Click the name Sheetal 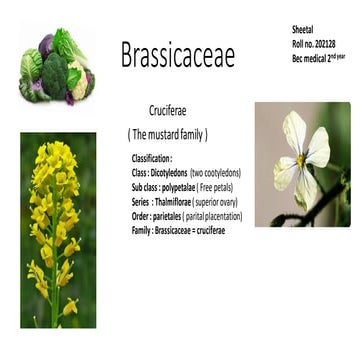point(303,30)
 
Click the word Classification point(151,159)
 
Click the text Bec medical point(309,57)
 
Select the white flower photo point(302,163)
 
